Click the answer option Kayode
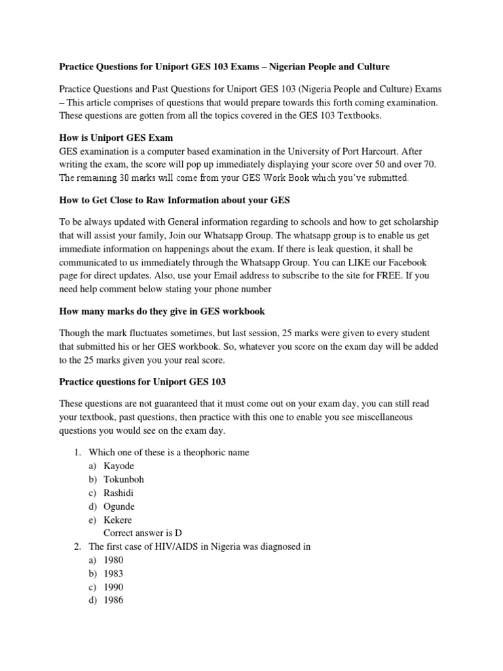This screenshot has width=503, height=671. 119,465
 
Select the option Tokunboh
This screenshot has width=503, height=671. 124,479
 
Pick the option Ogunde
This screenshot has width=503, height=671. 119,507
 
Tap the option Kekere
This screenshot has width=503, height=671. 118,520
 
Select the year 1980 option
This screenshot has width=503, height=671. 113,560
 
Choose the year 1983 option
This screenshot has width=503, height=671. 113,574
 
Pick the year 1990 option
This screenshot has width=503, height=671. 113,588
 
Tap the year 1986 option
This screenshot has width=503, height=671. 113,601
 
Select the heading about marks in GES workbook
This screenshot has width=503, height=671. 162,311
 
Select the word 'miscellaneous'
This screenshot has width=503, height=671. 383,417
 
